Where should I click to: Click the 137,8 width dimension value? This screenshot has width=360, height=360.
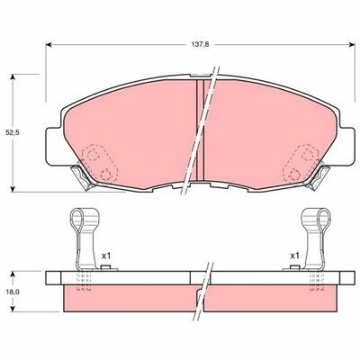point(200,44)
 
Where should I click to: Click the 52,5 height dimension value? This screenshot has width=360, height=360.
point(13,132)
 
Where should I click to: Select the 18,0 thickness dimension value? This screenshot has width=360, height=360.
point(13,292)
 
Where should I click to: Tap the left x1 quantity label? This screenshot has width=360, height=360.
point(106,256)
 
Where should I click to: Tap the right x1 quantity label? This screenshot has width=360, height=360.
point(294,256)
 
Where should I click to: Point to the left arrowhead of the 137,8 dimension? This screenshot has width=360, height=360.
point(48,45)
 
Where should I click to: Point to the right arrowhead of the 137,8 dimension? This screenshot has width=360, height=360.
point(353,45)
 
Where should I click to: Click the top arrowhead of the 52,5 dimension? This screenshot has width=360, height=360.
point(13,76)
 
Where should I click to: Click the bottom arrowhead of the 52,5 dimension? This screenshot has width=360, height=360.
point(13,189)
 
